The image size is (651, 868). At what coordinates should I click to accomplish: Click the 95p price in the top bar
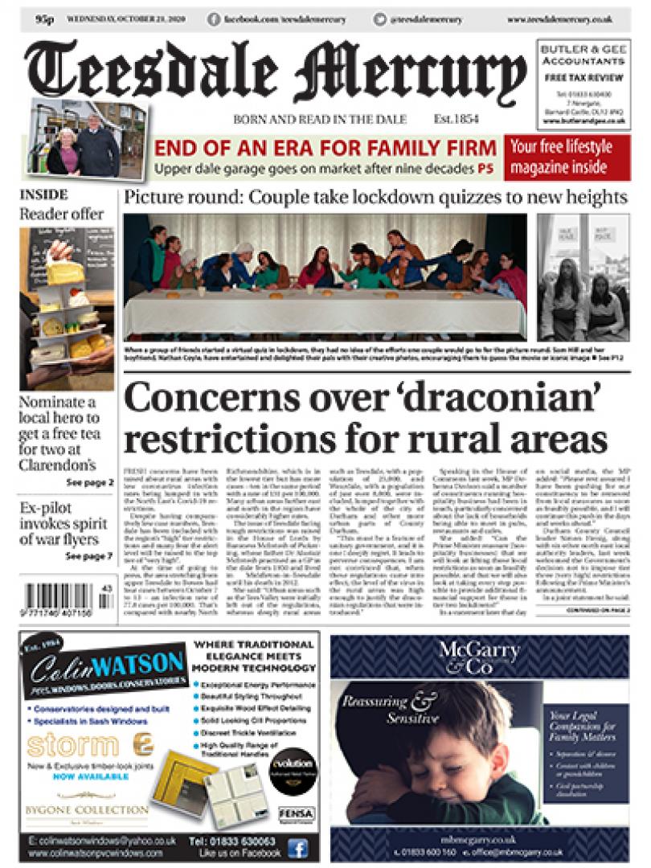click(44, 18)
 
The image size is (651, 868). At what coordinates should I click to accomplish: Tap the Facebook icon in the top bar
click(215, 18)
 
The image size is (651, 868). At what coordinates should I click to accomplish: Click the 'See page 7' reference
click(89, 555)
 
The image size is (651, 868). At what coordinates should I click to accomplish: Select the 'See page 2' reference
click(89, 482)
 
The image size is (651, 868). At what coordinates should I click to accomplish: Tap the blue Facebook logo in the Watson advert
click(297, 846)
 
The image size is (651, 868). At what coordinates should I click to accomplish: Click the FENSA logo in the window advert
click(297, 814)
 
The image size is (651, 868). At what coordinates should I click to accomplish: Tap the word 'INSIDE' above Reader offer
click(43, 195)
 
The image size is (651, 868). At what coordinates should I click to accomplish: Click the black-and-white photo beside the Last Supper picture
click(583, 277)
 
